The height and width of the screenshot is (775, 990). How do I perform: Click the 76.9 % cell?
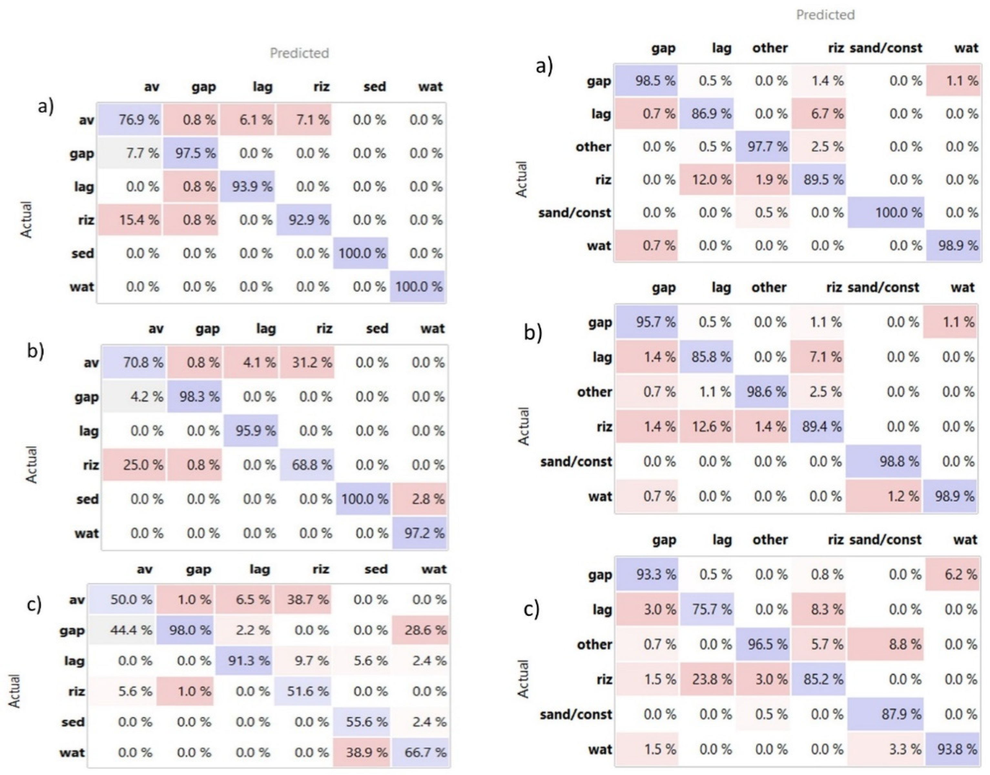[130, 120]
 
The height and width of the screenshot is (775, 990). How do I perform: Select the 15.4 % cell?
[130, 220]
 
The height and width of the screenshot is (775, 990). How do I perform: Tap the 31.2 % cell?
[307, 363]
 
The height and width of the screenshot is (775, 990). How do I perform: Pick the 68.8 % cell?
[307, 465]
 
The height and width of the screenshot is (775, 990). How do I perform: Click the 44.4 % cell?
[122, 630]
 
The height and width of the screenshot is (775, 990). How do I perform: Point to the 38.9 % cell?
[362, 752]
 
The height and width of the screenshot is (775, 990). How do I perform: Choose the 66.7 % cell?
[420, 752]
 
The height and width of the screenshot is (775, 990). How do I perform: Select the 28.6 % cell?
[420, 630]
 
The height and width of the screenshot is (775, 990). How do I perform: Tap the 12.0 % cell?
[706, 180]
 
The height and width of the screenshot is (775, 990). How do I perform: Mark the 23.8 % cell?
[706, 679]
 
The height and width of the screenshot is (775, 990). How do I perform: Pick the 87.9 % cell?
[885, 714]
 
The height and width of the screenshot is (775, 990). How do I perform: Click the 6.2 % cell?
[952, 574]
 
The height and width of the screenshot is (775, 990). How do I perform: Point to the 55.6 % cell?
[362, 722]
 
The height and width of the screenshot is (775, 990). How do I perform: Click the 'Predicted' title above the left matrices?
[299, 53]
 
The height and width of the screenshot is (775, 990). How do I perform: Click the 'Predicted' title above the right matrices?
[825, 15]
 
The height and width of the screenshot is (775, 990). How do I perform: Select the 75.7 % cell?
[706, 609]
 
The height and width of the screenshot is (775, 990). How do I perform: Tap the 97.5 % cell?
[190, 153]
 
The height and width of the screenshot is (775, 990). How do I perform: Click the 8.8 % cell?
[885, 644]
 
